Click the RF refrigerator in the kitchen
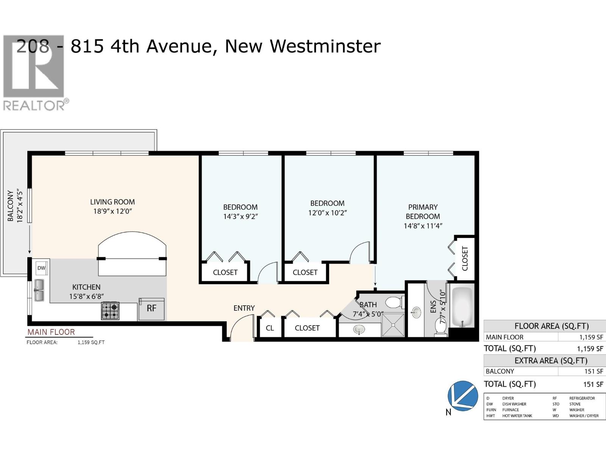pyautogui.click(x=151, y=308)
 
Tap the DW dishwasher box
pyautogui.click(x=41, y=268)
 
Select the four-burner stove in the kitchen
pyautogui.click(x=110, y=311)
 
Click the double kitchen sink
pyautogui.click(x=39, y=290)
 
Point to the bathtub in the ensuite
pyautogui.click(x=462, y=307)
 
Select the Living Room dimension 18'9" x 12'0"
pyautogui.click(x=112, y=211)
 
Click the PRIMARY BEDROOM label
pyautogui.click(x=423, y=212)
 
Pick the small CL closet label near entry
pyautogui.click(x=270, y=328)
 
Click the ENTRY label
pyautogui.click(x=244, y=308)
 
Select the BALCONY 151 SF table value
pyautogui.click(x=594, y=371)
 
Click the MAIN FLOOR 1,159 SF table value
pyautogui.click(x=591, y=337)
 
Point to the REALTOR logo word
pyautogui.click(x=34, y=105)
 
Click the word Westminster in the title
pyautogui.click(x=325, y=46)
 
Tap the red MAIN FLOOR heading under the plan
pyautogui.click(x=51, y=332)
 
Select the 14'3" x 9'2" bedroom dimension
pyautogui.click(x=241, y=216)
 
